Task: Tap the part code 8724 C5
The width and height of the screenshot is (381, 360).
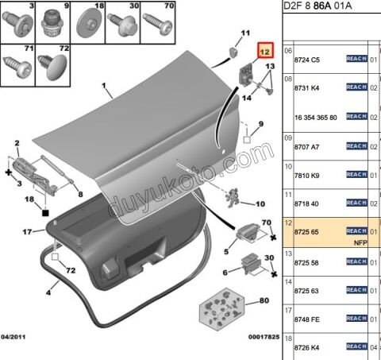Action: coord(307,59)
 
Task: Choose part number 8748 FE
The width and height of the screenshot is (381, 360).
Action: coord(308,318)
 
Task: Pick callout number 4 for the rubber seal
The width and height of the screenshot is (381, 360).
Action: coord(48,293)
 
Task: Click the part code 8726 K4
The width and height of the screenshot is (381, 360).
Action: coord(307,346)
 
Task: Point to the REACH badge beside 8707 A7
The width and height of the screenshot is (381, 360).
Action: coord(356,145)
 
